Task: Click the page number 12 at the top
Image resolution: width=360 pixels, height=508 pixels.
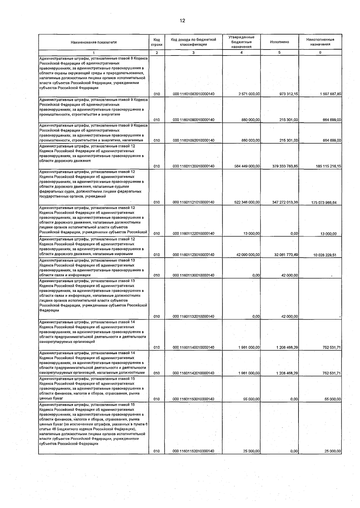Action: pyautogui.click(x=182, y=21)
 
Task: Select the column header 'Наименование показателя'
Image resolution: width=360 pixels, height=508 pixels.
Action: pyautogui.click(x=94, y=42)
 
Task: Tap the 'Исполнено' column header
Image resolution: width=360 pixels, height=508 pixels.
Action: pyautogui.click(x=279, y=42)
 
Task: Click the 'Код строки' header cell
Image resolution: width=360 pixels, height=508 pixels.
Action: pyautogui.click(x=157, y=42)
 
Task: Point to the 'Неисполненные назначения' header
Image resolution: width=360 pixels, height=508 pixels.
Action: pyautogui.click(x=320, y=42)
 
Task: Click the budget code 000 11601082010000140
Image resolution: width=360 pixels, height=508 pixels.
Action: pyautogui.click(x=193, y=94)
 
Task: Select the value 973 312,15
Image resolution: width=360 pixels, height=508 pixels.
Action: pyautogui.click(x=287, y=94)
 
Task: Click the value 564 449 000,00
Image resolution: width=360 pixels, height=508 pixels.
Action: pyautogui.click(x=247, y=166)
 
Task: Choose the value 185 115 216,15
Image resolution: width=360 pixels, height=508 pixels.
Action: pyautogui.click(x=328, y=166)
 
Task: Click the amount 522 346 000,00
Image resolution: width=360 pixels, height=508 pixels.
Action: pyautogui.click(x=247, y=203)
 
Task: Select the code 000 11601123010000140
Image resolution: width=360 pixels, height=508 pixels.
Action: pyautogui.click(x=193, y=255)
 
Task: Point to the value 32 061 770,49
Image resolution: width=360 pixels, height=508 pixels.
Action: pyautogui.click(x=286, y=255)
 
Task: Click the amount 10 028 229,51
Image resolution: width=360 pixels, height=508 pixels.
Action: pyautogui.click(x=325, y=255)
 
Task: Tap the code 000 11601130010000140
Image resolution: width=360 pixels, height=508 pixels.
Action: pyautogui.click(x=193, y=275)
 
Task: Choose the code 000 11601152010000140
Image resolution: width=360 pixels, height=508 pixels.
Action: pyautogui.click(x=193, y=451)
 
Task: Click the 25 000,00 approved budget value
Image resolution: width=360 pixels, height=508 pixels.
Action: pyautogui.click(x=251, y=451)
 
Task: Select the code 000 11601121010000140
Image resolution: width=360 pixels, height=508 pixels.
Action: pyautogui.click(x=193, y=203)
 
